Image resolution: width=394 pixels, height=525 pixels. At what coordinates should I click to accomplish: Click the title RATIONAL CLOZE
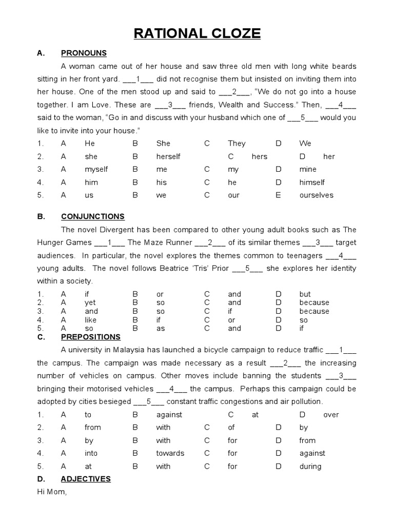[x=198, y=34]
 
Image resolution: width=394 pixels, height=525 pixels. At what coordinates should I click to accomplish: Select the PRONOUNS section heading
[x=84, y=53]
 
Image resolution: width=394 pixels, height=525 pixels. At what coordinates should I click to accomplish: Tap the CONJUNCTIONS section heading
[x=92, y=216]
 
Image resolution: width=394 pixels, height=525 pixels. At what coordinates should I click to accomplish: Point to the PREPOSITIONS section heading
[x=90, y=337]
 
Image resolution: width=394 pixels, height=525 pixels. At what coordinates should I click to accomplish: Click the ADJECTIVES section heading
[x=86, y=479]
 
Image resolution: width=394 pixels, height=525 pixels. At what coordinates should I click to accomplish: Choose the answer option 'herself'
[x=168, y=156]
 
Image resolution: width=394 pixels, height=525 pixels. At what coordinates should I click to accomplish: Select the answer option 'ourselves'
[x=316, y=195]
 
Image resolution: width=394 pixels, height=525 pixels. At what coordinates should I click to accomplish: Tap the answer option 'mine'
[x=308, y=169]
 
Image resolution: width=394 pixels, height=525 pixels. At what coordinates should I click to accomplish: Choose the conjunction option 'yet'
[x=90, y=302]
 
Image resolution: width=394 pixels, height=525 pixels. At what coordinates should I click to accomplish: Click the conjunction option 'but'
[x=305, y=294]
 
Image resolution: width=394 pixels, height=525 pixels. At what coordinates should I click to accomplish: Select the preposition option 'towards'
[x=170, y=453]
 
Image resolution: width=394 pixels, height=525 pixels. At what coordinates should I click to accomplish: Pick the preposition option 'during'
[x=310, y=466]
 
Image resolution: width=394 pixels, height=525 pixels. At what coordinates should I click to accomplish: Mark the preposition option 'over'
[x=331, y=414]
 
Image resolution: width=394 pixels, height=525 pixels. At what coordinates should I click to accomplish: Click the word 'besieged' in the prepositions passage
[x=115, y=401]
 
